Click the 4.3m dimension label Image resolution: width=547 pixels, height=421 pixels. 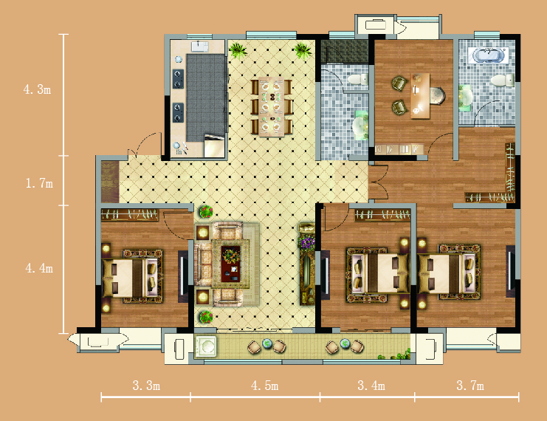pos(38,89)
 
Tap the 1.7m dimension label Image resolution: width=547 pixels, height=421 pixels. pos(39,183)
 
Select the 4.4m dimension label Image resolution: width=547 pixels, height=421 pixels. pos(39,268)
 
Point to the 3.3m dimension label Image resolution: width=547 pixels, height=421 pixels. pos(146,386)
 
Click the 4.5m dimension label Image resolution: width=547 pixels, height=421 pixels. pos(264,386)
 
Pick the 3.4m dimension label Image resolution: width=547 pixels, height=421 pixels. pos(371,386)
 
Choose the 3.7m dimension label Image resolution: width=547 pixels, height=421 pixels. pos(470,386)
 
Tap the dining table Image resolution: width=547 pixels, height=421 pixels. pos(271,107)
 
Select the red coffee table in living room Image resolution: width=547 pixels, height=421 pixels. pos(230,264)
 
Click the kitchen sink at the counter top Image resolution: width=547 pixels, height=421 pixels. pos(200,47)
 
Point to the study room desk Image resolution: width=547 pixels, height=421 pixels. pos(420,96)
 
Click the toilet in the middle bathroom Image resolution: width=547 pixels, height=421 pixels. pos(357,79)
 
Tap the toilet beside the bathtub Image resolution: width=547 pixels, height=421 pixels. pos(503,80)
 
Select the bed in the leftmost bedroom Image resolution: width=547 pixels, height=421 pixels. pos(133,276)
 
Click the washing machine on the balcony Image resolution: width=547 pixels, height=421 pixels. pos(205,346)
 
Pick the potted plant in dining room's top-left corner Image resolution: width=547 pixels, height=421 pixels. pos(238,50)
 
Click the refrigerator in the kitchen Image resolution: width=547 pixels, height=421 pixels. pos(214,146)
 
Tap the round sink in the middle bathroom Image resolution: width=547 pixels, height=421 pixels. pos(361,125)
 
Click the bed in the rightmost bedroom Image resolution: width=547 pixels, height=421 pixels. pos(450,272)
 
